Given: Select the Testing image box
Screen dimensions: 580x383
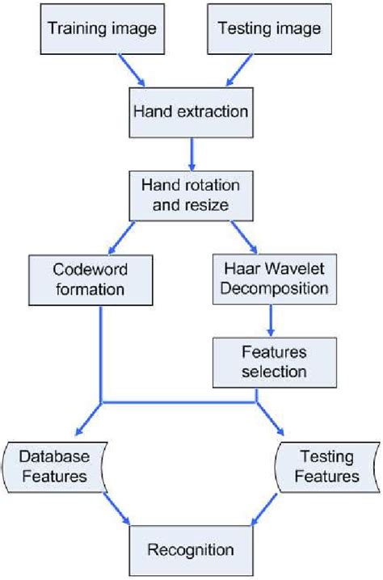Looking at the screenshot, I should tap(269, 29).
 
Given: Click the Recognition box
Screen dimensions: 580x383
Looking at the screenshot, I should tap(191, 549).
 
